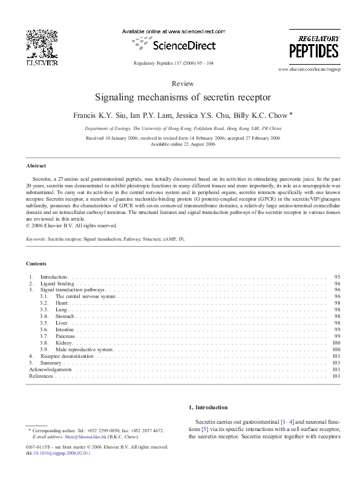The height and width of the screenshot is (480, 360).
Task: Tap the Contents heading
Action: click(36, 264)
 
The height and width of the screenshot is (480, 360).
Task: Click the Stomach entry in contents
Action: click(65, 316)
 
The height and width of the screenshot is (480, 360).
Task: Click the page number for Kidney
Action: click(336, 343)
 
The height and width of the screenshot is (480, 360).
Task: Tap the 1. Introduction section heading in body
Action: click(208, 407)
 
